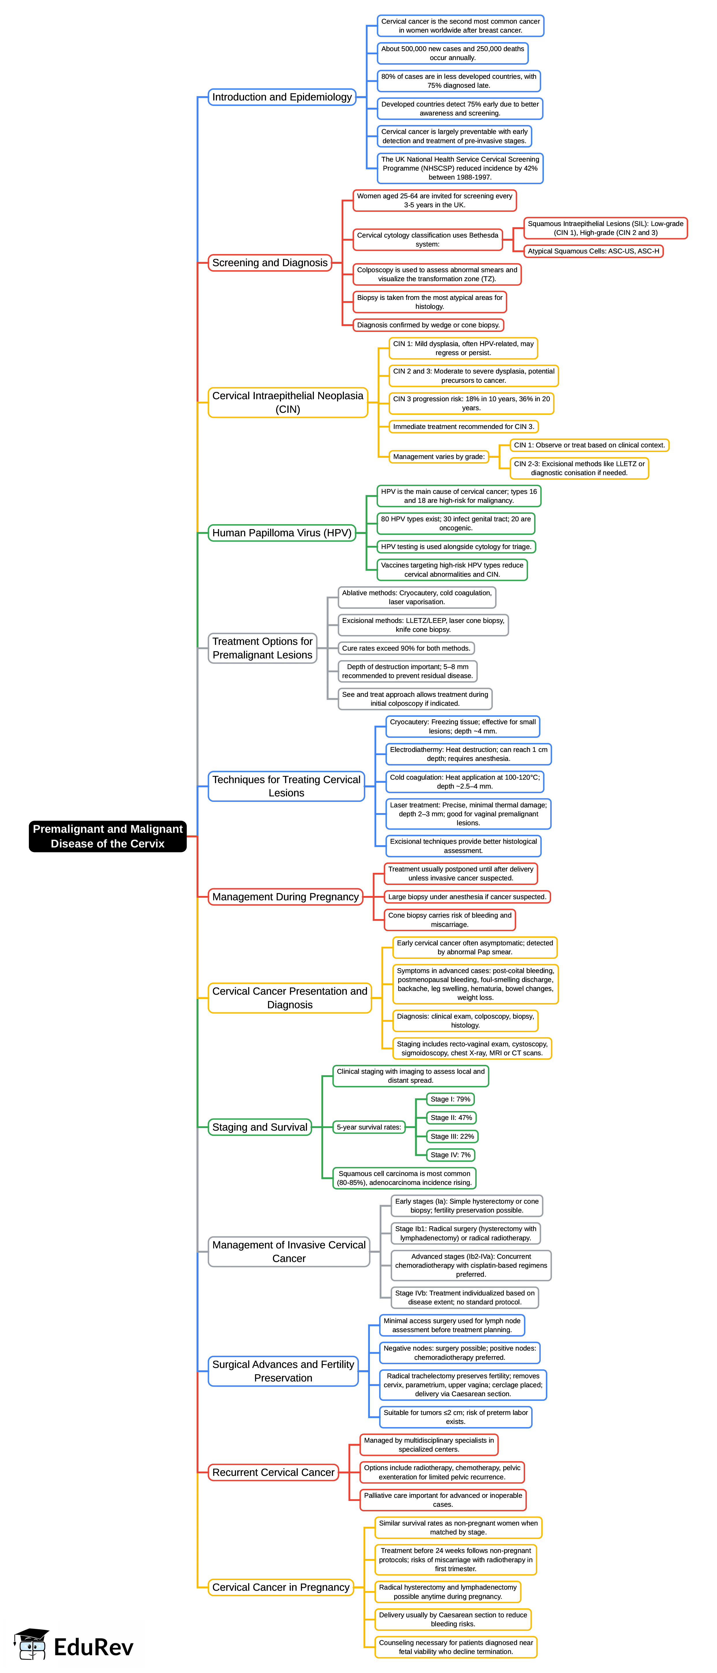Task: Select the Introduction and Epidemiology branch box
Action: pyautogui.click(x=282, y=97)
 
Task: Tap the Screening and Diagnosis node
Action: pyautogui.click(x=269, y=262)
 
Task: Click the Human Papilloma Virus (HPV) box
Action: pyautogui.click(x=282, y=533)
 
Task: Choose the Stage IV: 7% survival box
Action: pyautogui.click(x=450, y=1155)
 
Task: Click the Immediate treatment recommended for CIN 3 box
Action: pyautogui.click(x=463, y=427)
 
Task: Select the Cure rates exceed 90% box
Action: pyautogui.click(x=406, y=648)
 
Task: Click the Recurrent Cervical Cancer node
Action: pyautogui.click(x=274, y=1472)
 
